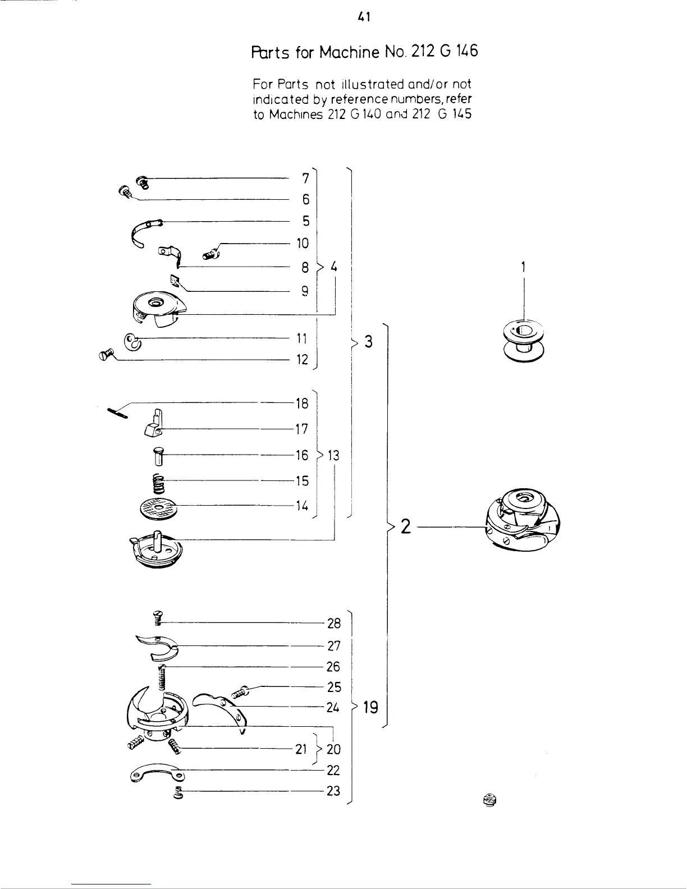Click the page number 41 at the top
[x=364, y=17]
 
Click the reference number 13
[x=333, y=455]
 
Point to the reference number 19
[x=370, y=707]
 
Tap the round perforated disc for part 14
[x=158, y=508]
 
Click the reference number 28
[x=334, y=624]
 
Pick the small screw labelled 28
[x=158, y=618]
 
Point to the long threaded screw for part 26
[x=163, y=678]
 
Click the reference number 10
[x=303, y=243]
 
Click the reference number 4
[x=333, y=267]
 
